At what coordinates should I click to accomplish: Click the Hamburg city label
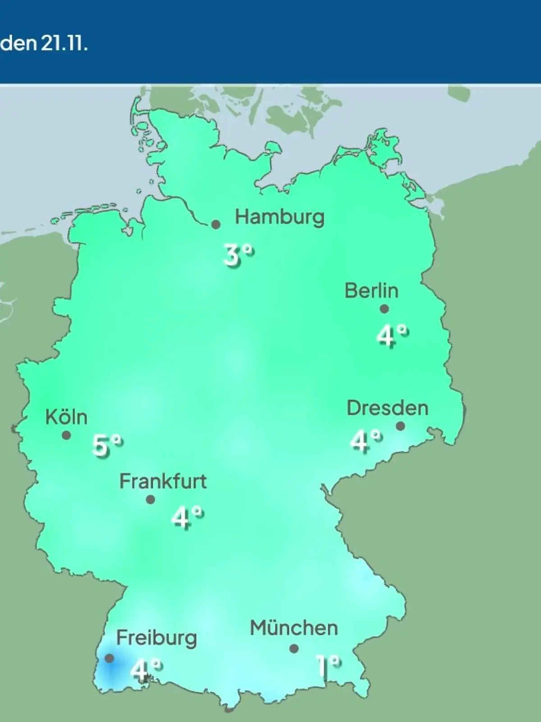click(x=280, y=218)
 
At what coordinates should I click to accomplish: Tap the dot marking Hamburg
click(x=216, y=224)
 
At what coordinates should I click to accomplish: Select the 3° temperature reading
click(x=238, y=255)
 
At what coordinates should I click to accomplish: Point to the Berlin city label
click(x=371, y=291)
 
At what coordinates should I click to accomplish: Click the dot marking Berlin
click(x=384, y=309)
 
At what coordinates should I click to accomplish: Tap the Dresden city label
click(x=387, y=408)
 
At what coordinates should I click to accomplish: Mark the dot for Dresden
click(x=400, y=426)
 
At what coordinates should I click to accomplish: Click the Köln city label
click(x=66, y=417)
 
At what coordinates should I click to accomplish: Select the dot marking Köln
click(x=66, y=435)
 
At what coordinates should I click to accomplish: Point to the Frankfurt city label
click(x=163, y=481)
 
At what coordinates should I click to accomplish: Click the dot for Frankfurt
click(x=151, y=500)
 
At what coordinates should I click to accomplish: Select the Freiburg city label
click(x=156, y=638)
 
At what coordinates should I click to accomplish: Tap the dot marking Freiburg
click(x=109, y=658)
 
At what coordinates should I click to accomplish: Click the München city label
click(x=293, y=628)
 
